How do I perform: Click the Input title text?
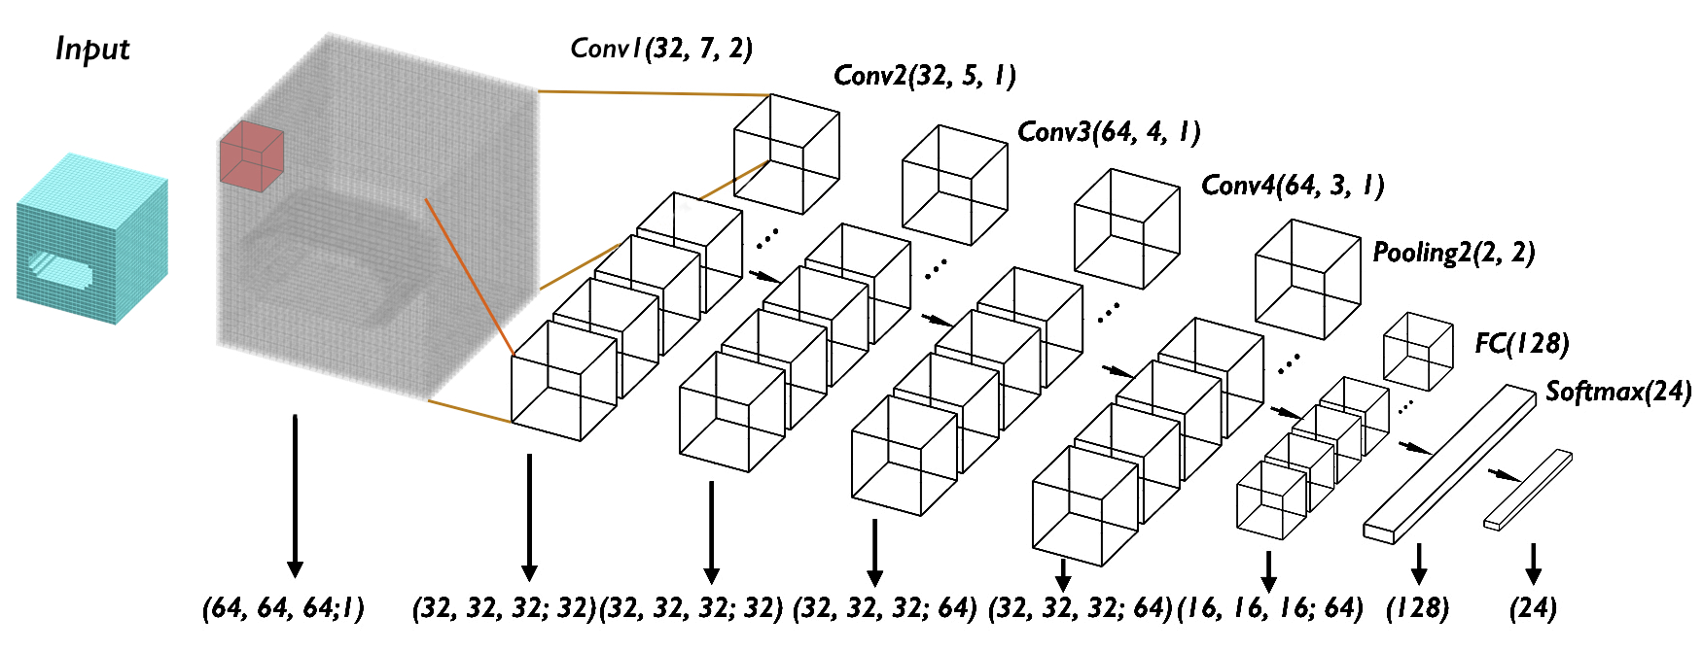(92, 49)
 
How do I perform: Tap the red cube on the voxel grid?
(251, 153)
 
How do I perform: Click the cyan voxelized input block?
(92, 238)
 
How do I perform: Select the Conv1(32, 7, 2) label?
(660, 48)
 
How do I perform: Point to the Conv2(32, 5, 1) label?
(924, 76)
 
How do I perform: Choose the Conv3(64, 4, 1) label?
(1108, 131)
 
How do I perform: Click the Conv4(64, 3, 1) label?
(1292, 185)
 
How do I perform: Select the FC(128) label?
(1521, 343)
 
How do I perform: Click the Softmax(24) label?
(1618, 391)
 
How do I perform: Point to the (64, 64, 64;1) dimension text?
(283, 608)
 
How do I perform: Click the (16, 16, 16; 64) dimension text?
(1269, 608)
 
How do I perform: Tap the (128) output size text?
(1417, 608)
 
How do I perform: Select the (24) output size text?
(1533, 608)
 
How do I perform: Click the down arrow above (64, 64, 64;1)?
(295, 496)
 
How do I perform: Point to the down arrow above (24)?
(1534, 563)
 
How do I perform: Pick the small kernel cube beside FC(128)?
(1418, 351)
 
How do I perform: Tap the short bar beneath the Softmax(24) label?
(1528, 490)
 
